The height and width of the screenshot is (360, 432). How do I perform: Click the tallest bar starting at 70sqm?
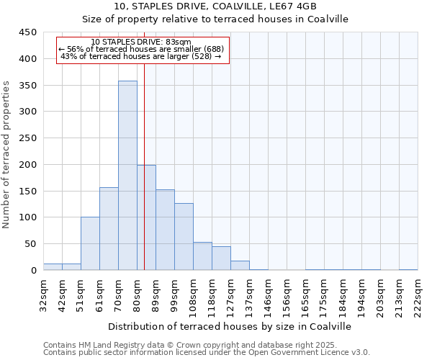click(x=127, y=176)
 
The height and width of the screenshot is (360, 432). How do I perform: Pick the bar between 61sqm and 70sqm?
click(x=109, y=229)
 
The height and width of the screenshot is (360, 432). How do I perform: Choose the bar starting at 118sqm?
click(x=221, y=258)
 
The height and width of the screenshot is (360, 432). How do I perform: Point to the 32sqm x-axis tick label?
click(x=44, y=294)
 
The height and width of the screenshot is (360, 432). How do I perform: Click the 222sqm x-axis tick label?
click(x=418, y=294)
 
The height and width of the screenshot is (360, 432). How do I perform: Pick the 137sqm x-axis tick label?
click(x=250, y=294)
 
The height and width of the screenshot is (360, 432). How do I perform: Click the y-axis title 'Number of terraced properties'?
click(x=7, y=155)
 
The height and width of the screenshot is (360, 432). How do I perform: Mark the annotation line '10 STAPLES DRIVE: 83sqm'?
click(x=142, y=42)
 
